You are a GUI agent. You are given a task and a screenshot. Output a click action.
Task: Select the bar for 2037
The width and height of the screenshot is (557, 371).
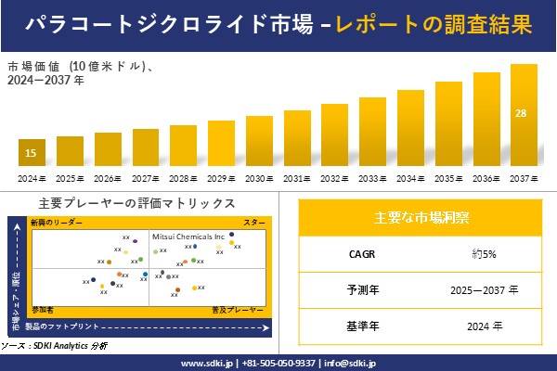pyautogui.click(x=524, y=116)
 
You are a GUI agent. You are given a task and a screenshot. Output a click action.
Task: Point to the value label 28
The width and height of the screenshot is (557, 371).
pyautogui.click(x=521, y=113)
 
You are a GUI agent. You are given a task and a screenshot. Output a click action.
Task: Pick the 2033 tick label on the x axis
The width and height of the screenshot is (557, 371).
pyautogui.click(x=372, y=178)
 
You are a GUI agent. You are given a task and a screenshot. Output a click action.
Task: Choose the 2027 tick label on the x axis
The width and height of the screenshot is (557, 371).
pyautogui.click(x=145, y=178)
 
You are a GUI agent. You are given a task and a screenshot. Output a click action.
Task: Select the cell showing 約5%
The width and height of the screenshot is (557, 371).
pyautogui.click(x=483, y=253)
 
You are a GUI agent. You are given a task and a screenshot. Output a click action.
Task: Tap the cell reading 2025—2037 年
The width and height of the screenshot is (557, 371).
pyautogui.click(x=483, y=289)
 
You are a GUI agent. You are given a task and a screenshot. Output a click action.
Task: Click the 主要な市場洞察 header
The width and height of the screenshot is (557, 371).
pyautogui.click(x=421, y=218)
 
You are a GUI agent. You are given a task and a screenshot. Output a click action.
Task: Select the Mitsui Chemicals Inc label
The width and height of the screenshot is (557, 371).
pyautogui.click(x=188, y=237)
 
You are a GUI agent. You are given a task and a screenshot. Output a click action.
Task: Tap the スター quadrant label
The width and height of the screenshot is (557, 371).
pyautogui.click(x=253, y=224)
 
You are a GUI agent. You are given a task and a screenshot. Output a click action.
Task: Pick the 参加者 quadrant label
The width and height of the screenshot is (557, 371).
pyautogui.click(x=43, y=307)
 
